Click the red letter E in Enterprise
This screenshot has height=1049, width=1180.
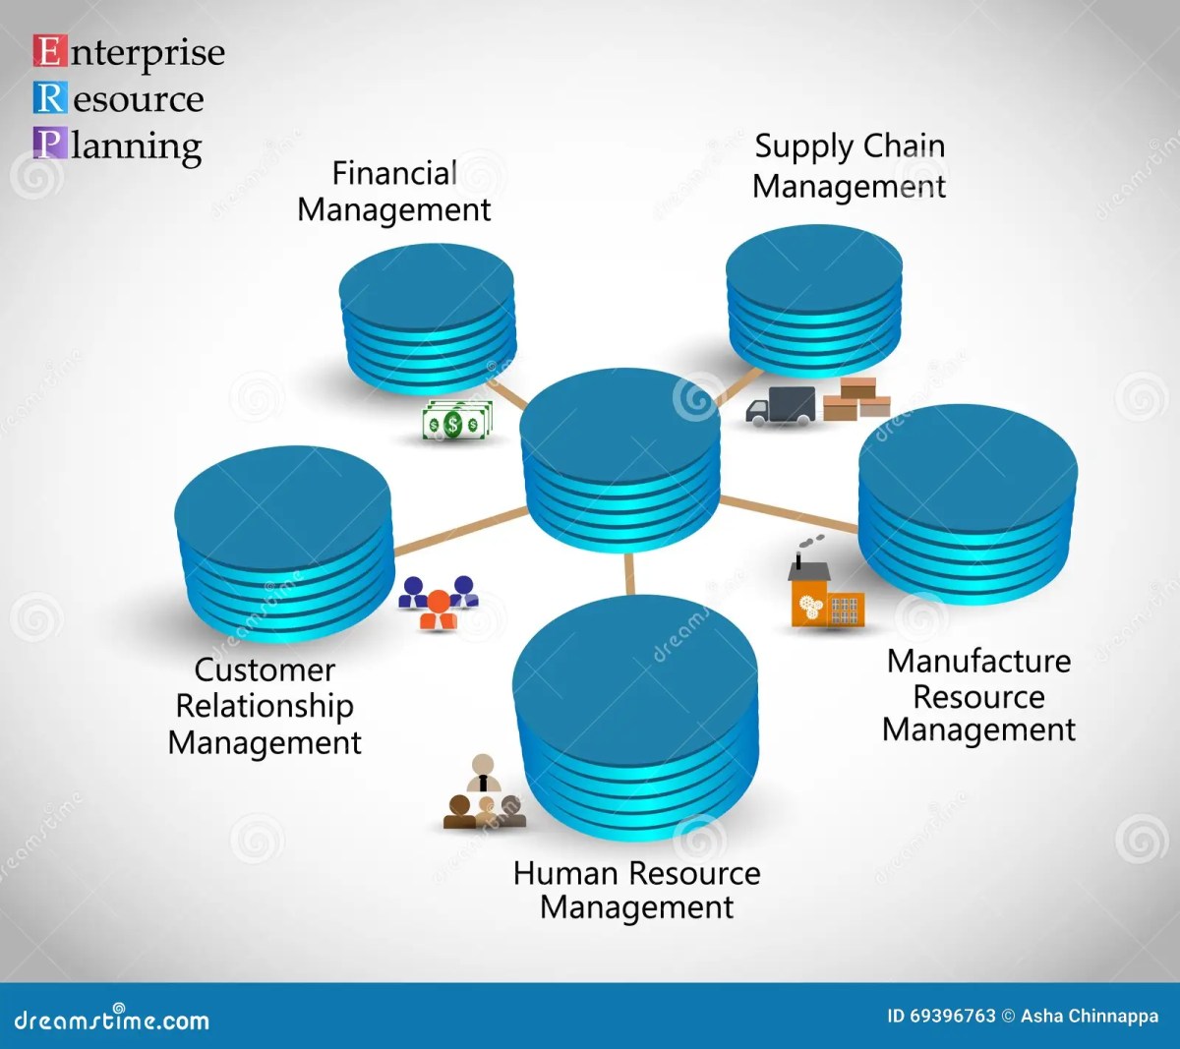tap(49, 51)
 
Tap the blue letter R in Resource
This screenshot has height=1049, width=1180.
tap(50, 98)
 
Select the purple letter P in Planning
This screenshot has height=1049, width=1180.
tap(49, 144)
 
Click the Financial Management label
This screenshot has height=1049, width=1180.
tap(394, 192)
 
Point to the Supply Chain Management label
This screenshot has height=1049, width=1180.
tap(849, 166)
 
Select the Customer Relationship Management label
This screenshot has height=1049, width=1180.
tap(265, 706)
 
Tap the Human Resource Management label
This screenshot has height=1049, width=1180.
tap(636, 890)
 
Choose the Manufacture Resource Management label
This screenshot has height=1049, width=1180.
tap(978, 696)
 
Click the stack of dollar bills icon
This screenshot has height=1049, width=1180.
tap(456, 421)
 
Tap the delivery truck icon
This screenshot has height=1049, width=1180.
tap(781, 405)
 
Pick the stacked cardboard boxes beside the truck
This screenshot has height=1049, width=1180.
tap(855, 398)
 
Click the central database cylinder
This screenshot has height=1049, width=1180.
tap(620, 447)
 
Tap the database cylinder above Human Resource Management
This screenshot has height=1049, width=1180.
tap(635, 722)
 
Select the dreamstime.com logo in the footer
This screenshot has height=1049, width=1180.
tap(111, 1020)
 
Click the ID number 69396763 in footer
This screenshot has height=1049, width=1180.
tap(953, 1017)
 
